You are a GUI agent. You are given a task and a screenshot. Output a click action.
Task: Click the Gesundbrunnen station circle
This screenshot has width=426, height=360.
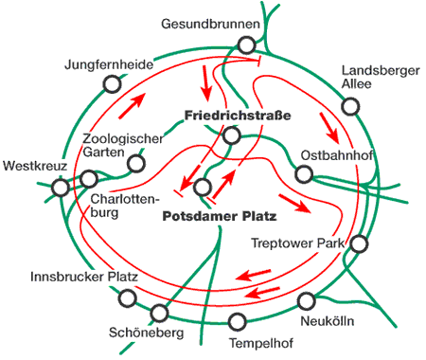[247, 44]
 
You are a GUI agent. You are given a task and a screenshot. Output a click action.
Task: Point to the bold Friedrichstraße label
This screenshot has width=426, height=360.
[236, 116]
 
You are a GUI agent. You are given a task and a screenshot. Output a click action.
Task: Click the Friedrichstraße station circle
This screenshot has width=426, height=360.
[231, 136]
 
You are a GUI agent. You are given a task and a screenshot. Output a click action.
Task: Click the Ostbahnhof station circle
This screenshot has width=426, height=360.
[304, 173]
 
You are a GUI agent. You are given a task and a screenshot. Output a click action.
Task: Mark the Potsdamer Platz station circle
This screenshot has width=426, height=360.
[202, 188]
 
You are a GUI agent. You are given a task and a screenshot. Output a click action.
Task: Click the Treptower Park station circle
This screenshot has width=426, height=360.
[359, 244]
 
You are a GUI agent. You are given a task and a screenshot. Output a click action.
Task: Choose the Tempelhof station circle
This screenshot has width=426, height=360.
[238, 320]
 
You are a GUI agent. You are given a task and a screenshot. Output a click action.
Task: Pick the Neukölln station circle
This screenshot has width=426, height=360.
[306, 302]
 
